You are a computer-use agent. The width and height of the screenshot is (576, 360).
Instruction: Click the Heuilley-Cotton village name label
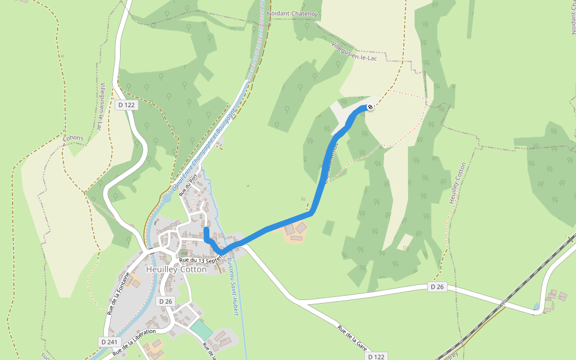tap(176, 270)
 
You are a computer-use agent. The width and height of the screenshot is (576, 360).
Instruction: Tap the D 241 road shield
tap(108, 341)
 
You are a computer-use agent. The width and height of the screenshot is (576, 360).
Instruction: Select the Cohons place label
tap(73, 138)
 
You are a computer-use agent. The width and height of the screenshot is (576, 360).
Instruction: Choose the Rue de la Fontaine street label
tap(118, 293)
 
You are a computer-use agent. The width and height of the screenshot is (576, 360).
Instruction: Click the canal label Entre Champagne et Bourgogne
tap(202, 152)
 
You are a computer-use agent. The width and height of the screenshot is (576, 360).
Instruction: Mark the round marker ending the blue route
tap(370, 107)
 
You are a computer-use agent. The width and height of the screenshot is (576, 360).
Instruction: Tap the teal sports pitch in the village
tap(202, 329)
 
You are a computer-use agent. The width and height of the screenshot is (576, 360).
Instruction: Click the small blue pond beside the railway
tap(536, 307)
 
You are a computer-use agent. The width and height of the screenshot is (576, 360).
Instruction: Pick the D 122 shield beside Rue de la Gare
tap(375, 356)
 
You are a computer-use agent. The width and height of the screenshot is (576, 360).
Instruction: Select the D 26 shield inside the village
tap(166, 301)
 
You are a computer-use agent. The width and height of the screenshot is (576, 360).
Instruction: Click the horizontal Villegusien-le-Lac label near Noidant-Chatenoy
tap(354, 55)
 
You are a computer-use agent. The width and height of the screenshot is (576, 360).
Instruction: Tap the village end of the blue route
tap(206, 230)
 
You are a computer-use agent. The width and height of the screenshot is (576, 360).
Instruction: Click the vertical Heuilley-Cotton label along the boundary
tap(457, 182)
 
